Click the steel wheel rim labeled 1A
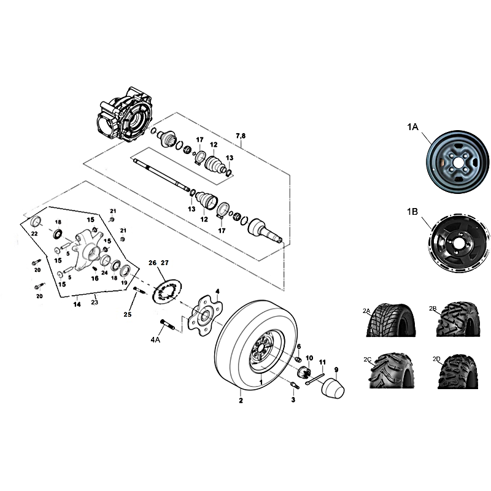pyautogui.click(x=457, y=161)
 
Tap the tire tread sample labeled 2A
pyautogui.click(x=392, y=320)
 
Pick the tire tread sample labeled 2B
pyautogui.click(x=458, y=319)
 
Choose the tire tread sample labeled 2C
pyautogui.click(x=391, y=371)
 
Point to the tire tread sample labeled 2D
pyautogui.click(x=458, y=372)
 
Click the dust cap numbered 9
pyautogui.click(x=333, y=389)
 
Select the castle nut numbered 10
pyautogui.click(x=304, y=372)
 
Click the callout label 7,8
pyautogui.click(x=241, y=136)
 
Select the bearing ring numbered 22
pyautogui.click(x=37, y=222)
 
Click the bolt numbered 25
pyautogui.click(x=139, y=290)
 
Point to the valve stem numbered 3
pyautogui.click(x=295, y=385)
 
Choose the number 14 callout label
pyautogui.click(x=77, y=304)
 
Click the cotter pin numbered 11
pyautogui.click(x=315, y=378)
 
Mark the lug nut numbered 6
pyautogui.click(x=299, y=359)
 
